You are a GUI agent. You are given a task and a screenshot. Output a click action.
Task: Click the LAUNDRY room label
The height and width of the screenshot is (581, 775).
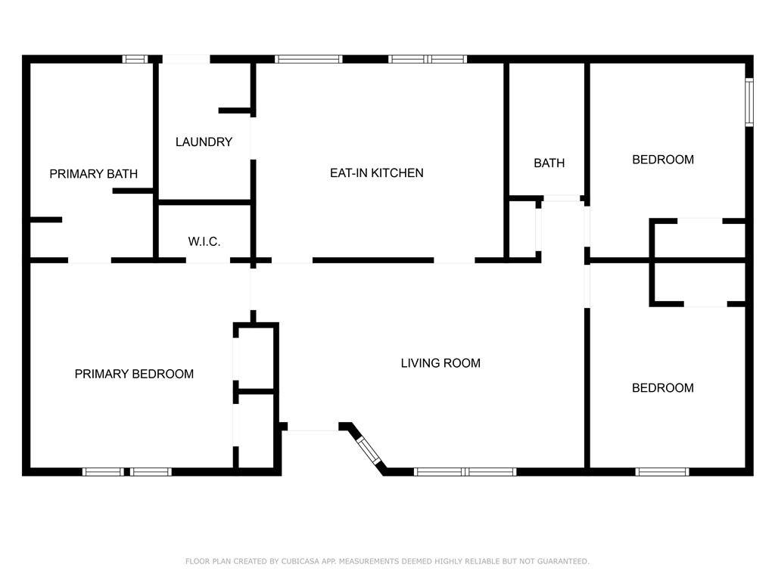point(204,142)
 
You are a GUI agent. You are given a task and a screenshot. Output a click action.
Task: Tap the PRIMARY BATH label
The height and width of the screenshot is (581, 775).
point(93,174)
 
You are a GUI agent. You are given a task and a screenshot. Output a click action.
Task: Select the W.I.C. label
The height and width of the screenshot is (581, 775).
point(204,241)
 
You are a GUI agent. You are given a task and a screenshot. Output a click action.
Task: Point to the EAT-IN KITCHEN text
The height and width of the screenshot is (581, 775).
point(377,173)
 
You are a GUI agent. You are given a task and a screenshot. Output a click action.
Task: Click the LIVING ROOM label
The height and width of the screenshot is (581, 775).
point(440,363)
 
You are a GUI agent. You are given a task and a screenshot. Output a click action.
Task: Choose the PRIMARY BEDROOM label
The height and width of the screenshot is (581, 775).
point(134,374)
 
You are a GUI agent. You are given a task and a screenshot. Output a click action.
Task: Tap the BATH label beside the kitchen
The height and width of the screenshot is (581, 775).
point(549,163)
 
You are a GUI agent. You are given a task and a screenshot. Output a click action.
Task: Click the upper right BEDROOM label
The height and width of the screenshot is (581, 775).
point(663,160)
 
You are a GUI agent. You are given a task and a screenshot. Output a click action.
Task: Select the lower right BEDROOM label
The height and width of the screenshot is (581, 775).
point(663,388)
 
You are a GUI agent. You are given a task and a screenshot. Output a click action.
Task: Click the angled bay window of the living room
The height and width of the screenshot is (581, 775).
point(369,449)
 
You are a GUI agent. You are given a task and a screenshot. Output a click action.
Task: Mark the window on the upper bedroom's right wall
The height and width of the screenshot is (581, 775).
point(749,102)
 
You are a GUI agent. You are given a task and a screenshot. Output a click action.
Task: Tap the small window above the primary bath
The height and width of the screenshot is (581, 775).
point(135,59)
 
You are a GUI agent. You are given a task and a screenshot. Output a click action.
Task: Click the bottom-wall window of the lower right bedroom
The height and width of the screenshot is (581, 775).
point(661,472)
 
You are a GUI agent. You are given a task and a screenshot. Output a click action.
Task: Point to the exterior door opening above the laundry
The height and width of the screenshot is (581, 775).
point(186,59)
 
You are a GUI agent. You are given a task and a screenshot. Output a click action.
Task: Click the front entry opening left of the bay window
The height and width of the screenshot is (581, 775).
point(313,427)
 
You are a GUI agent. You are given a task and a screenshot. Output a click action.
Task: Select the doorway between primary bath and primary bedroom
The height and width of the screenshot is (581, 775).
point(89,260)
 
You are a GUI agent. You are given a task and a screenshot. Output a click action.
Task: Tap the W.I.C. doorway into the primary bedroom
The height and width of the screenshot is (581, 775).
point(208,260)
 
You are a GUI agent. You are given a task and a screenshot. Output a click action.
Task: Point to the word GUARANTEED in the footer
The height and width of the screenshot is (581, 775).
point(563,561)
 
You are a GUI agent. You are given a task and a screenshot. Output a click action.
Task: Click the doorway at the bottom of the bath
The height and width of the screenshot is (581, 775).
point(562,199)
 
